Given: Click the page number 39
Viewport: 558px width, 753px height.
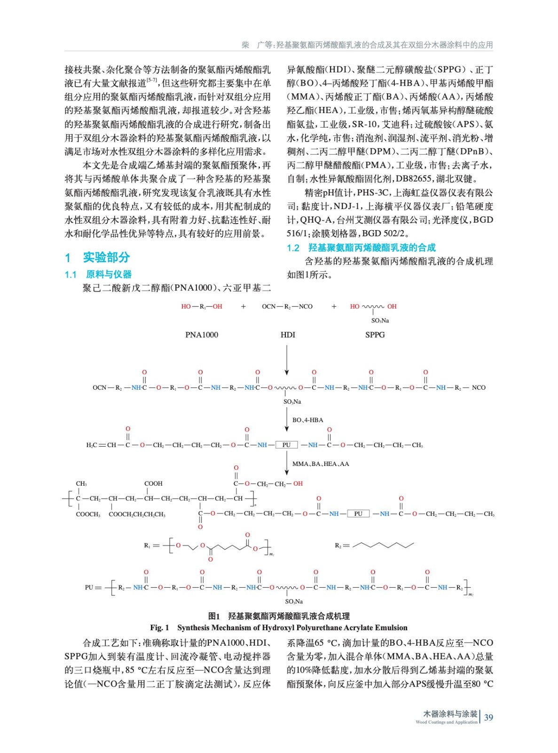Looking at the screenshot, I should (488, 717).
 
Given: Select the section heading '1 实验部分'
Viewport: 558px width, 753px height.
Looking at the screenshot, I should (97, 257).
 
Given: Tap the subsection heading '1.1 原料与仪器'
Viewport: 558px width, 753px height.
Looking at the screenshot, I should (98, 274).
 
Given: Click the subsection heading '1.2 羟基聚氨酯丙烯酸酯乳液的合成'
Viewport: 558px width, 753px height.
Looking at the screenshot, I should (361, 248).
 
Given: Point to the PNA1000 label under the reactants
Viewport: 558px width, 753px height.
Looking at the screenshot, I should (202, 335).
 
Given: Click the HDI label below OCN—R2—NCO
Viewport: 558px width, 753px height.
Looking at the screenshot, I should (288, 335).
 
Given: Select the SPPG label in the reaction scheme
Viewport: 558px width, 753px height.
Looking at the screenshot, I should (375, 335).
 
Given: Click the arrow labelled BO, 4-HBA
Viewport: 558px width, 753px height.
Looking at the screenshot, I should (287, 419).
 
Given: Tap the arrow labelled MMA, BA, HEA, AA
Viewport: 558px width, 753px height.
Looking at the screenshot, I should (287, 463).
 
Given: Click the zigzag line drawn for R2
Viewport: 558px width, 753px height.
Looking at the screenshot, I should (383, 545).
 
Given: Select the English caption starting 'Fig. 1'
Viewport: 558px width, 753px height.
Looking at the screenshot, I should (279, 627).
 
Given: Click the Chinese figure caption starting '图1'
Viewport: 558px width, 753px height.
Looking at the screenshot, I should (279, 616).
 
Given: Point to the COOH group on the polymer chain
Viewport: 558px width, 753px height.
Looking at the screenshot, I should (153, 483).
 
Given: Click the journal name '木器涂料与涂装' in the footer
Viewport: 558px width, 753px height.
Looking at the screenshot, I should (450, 714).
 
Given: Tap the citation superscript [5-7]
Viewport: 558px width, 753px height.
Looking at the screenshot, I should (152, 80).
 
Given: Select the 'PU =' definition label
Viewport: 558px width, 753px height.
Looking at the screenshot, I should (93, 587).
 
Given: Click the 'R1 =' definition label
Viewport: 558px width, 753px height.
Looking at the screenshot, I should (151, 545).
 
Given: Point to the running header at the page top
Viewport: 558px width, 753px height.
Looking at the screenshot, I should (367, 45).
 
